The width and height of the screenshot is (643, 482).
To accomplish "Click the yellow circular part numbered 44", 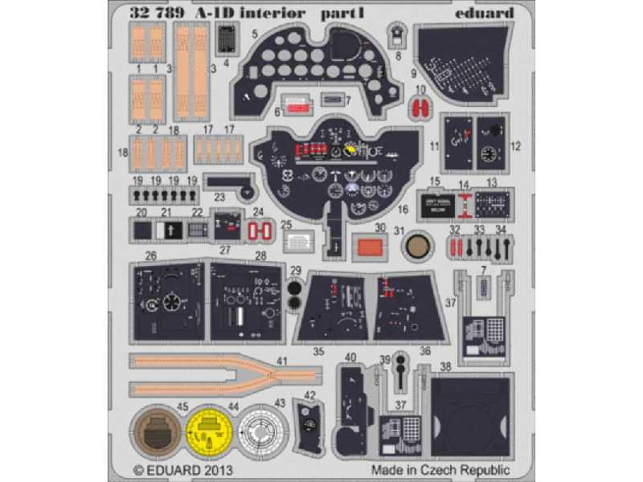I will tap(211, 432).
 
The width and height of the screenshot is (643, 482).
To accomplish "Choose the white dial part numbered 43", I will tap(263, 432).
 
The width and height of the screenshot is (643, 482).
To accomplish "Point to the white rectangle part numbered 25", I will tap(299, 241).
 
